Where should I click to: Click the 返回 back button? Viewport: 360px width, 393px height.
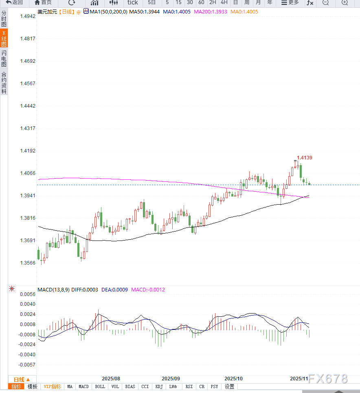pos(14,2)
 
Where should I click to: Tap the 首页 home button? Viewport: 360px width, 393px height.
pos(43,2)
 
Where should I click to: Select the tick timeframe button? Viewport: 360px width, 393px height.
pos(132,2)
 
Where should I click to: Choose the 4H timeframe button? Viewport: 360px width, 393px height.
pos(224,2)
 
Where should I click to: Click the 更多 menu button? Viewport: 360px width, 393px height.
pos(290,2)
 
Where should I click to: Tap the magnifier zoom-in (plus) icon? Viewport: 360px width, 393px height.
pos(345,2)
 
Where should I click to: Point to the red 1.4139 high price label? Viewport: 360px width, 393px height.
pos(305,157)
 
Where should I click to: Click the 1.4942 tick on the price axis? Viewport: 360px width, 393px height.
pos(28,17)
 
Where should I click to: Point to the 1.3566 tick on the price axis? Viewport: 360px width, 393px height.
pos(28,263)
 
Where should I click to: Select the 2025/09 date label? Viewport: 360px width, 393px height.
pos(170,379)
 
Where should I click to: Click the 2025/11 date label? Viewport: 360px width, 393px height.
pos(299,379)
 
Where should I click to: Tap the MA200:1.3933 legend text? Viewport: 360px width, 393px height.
pos(210,12)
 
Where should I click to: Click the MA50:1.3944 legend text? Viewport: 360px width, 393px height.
pos(144,12)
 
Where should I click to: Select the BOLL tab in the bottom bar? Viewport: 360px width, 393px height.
pos(100,386)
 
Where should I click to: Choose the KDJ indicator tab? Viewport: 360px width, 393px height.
pos(159,386)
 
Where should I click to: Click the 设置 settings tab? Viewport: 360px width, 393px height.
pos(229,386)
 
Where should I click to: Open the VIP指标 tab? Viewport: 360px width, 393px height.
pos(52,386)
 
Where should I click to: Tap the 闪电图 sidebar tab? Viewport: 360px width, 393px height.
pos(4,58)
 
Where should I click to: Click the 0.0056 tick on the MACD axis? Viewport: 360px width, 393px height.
pos(28,294)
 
